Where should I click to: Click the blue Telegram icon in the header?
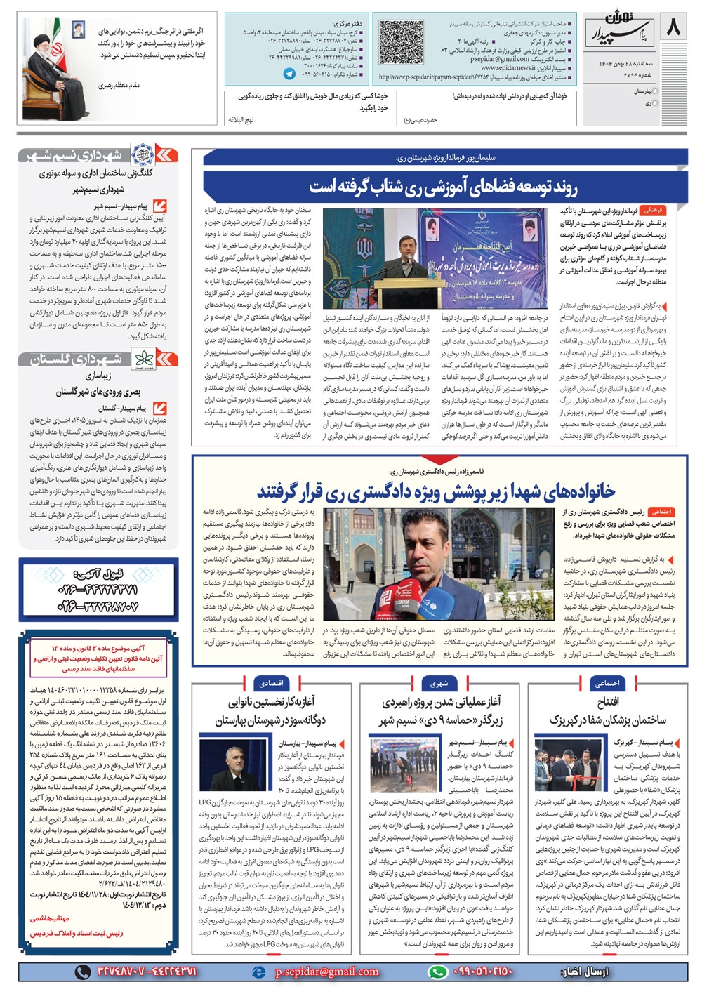coord(289,73)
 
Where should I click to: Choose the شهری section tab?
coord(439,682)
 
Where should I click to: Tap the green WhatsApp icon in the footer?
coord(438,972)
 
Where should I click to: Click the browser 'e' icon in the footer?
coord(259,972)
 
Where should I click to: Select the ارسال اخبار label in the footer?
coord(584,972)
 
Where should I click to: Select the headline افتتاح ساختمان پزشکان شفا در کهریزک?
coord(608,710)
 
